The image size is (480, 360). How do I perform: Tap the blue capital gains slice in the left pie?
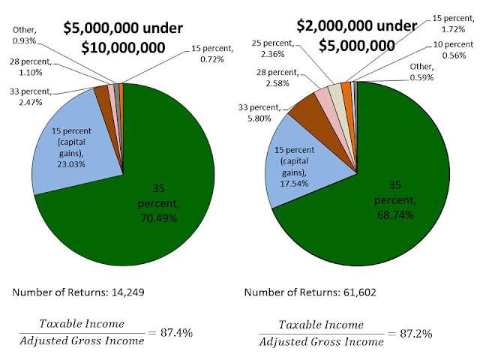click(75, 142)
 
